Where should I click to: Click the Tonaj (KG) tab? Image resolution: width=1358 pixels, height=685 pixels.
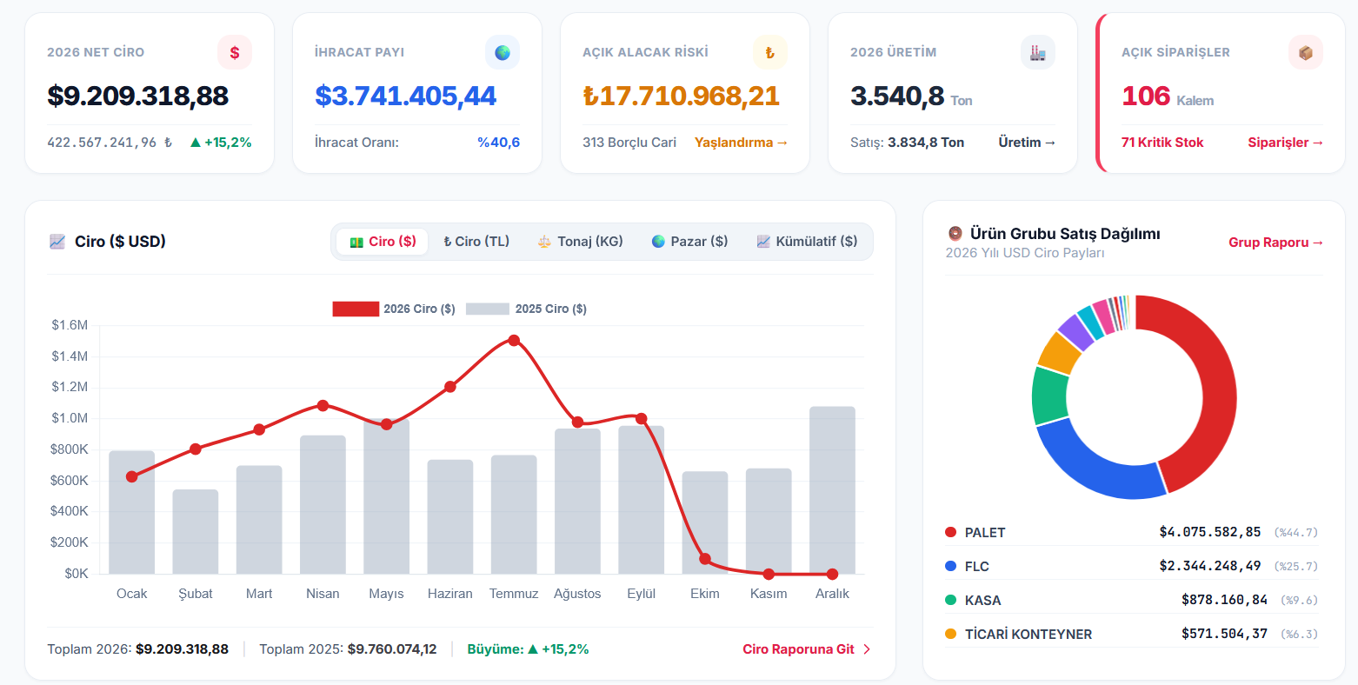click(x=580, y=242)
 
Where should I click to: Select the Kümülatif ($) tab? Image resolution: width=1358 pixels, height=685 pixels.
click(x=807, y=242)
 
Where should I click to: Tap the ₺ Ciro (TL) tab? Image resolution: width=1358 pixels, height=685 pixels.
click(x=476, y=242)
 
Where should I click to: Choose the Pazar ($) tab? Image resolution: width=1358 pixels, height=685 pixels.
click(x=690, y=242)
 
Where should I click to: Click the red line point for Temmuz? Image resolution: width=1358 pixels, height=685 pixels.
click(x=514, y=341)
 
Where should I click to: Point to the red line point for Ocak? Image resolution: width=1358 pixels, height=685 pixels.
click(x=131, y=477)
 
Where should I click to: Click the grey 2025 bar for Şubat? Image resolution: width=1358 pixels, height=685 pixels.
click(x=196, y=531)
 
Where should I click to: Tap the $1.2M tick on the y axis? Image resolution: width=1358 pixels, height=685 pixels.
click(x=70, y=387)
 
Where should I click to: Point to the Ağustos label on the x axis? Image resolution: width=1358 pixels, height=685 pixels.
click(x=577, y=594)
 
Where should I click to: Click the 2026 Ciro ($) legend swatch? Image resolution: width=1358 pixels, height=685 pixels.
click(x=356, y=309)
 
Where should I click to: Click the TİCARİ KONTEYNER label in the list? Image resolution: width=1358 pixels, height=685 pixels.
click(x=1028, y=634)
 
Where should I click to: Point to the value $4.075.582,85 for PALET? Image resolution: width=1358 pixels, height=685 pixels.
click(x=1209, y=532)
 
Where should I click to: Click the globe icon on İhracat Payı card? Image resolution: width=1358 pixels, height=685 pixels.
click(x=503, y=53)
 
